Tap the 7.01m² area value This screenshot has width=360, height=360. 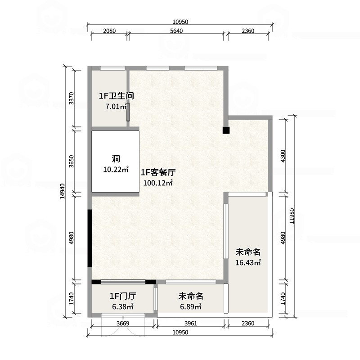pos(114,107)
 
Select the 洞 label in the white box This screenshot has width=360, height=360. pos(116,158)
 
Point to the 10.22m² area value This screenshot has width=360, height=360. pos(116,170)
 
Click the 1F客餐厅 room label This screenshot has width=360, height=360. pos(158,172)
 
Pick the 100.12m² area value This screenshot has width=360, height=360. pos(158,183)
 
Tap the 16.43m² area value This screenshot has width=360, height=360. pos(248,262)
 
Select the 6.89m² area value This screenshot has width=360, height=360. pos(191,307)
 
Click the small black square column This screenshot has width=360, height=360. pos(226,130)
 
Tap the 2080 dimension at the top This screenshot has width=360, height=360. pos(109,31)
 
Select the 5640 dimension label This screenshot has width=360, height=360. pos(176,31)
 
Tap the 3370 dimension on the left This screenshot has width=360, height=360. pos(71,98)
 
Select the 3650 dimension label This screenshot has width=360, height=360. pos(71,161)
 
